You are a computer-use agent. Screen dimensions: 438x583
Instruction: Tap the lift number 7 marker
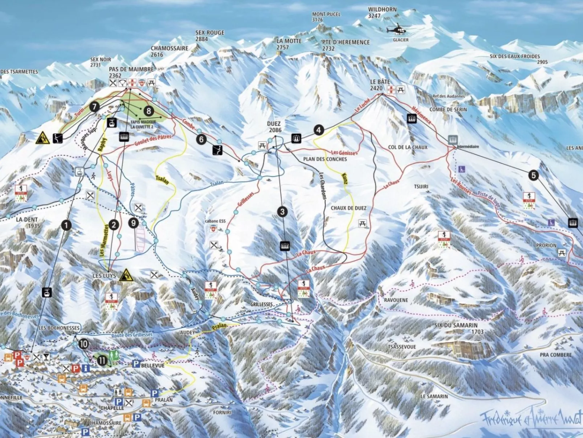click(94, 107)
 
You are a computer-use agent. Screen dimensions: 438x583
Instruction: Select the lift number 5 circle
click(533, 176)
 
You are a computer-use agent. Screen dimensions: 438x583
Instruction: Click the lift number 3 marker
click(282, 212)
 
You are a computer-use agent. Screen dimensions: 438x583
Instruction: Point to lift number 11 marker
click(102, 360)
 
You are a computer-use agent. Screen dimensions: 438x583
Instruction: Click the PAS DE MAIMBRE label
click(131, 69)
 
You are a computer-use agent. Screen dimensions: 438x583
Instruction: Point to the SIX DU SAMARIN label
click(456, 325)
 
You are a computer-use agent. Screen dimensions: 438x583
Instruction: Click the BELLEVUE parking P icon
click(136, 364)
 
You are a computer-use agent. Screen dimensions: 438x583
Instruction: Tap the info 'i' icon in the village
click(86, 369)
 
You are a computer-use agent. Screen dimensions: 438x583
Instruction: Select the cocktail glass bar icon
click(46, 357)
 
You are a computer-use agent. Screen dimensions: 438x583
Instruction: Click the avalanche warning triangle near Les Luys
click(126, 275)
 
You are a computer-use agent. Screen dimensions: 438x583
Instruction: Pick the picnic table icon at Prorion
click(562, 253)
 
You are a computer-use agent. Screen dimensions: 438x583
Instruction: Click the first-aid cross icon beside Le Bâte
click(391, 90)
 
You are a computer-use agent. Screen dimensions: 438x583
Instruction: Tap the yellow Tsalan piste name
click(162, 180)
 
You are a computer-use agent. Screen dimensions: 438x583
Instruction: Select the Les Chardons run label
click(322, 185)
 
